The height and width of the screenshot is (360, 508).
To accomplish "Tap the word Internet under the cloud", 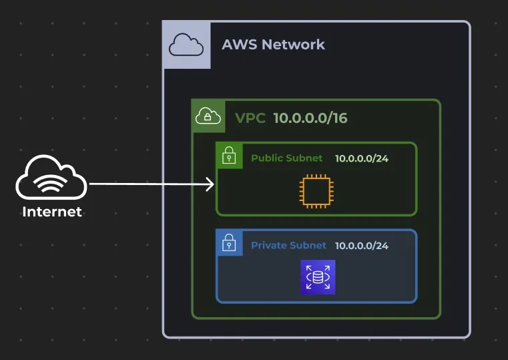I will (x=52, y=212).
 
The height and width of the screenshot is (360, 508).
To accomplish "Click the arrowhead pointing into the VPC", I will (x=210, y=184).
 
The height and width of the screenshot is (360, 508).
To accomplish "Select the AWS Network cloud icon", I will (x=186, y=45).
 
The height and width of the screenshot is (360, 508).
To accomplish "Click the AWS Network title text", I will (x=273, y=45).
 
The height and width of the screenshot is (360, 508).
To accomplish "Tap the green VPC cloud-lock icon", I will (x=208, y=117).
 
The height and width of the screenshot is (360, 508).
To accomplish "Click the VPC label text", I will (x=250, y=118).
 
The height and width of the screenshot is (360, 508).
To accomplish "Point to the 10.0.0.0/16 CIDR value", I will (x=310, y=118).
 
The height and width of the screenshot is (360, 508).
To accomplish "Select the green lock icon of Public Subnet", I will (x=229, y=156).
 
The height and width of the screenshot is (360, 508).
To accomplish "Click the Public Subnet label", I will (x=286, y=158).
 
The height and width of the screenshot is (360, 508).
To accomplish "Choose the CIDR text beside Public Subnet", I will (x=361, y=158).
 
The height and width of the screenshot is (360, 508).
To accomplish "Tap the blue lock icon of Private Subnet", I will (x=229, y=242).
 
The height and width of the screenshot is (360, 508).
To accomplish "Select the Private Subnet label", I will (x=288, y=245).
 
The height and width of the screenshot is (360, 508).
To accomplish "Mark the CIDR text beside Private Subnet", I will (x=361, y=245).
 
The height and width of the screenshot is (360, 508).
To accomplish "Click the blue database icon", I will (x=318, y=277).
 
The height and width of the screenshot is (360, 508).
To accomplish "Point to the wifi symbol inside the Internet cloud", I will (x=51, y=185).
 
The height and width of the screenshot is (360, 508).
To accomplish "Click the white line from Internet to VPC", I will (x=147, y=184).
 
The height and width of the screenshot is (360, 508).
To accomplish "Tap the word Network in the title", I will (x=292, y=45).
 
